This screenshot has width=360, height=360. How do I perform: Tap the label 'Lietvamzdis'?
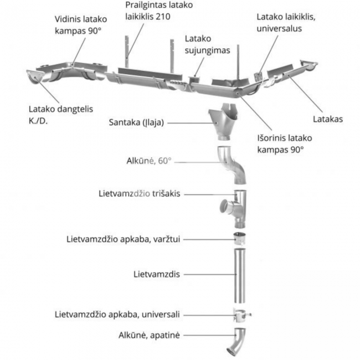[157, 274]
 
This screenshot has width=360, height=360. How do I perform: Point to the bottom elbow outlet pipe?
[237, 341]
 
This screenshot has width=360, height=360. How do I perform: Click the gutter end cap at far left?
[35, 78]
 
